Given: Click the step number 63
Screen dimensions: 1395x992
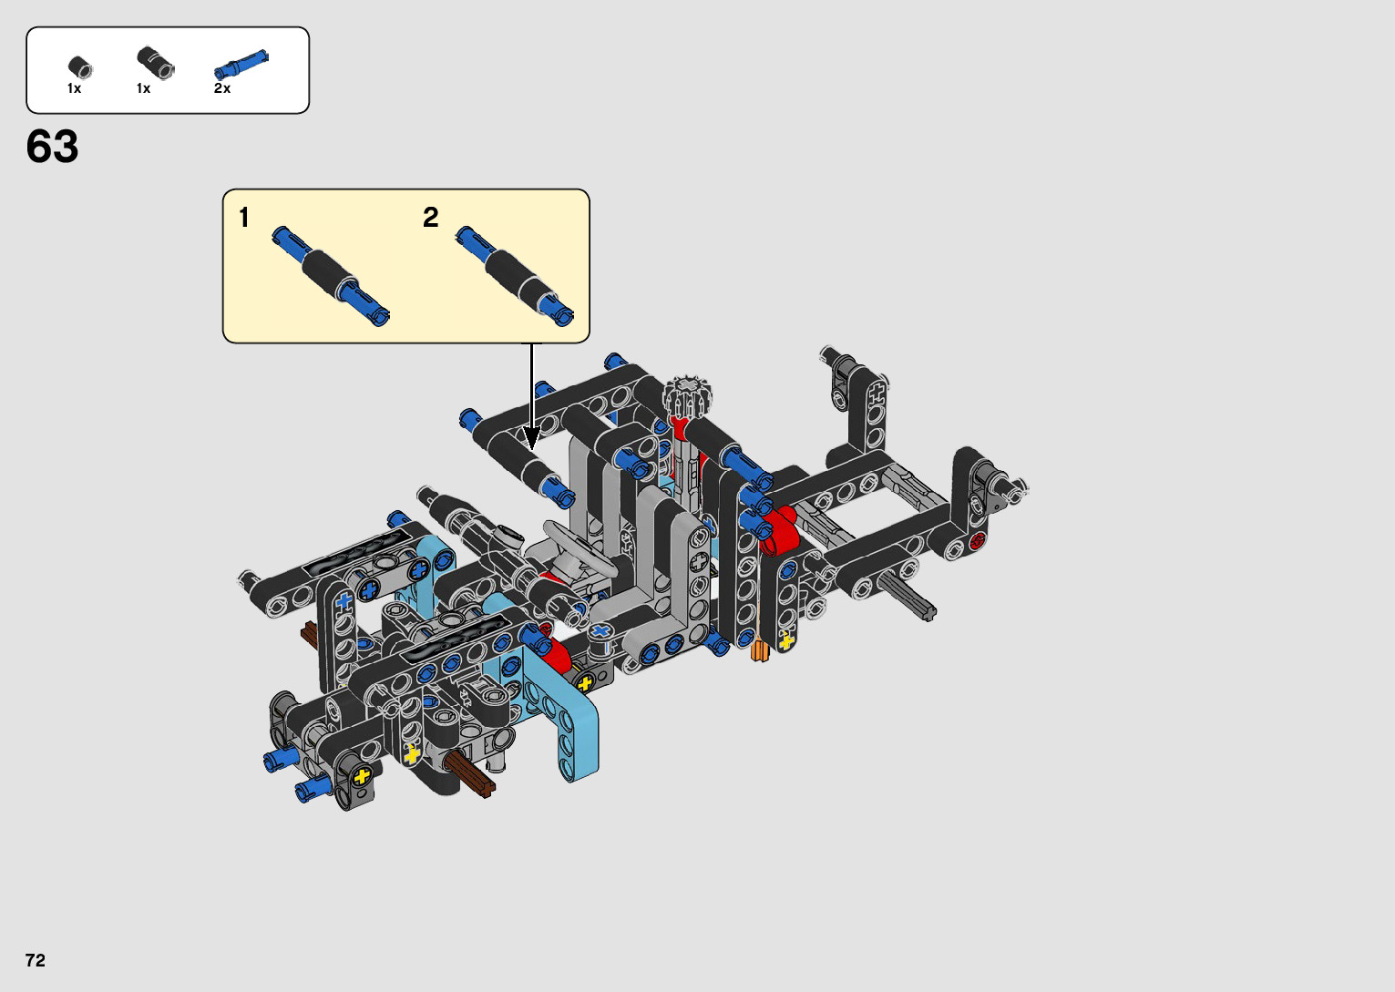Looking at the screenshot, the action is coord(52,147).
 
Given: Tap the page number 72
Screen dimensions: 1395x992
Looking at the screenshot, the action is coord(36,960).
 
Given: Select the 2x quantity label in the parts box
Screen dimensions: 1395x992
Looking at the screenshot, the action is coord(222,88).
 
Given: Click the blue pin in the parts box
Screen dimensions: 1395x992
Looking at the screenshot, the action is coord(241,64).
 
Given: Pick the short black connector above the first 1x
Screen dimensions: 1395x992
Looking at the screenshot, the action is coord(79,67).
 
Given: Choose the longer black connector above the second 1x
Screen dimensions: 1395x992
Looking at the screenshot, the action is coord(156,63).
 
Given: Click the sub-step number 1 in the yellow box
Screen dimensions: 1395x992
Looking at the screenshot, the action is coord(244,218).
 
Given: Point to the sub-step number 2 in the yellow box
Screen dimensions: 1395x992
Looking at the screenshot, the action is coord(430,218).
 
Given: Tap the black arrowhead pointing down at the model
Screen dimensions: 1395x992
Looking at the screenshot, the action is coord(531,438).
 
